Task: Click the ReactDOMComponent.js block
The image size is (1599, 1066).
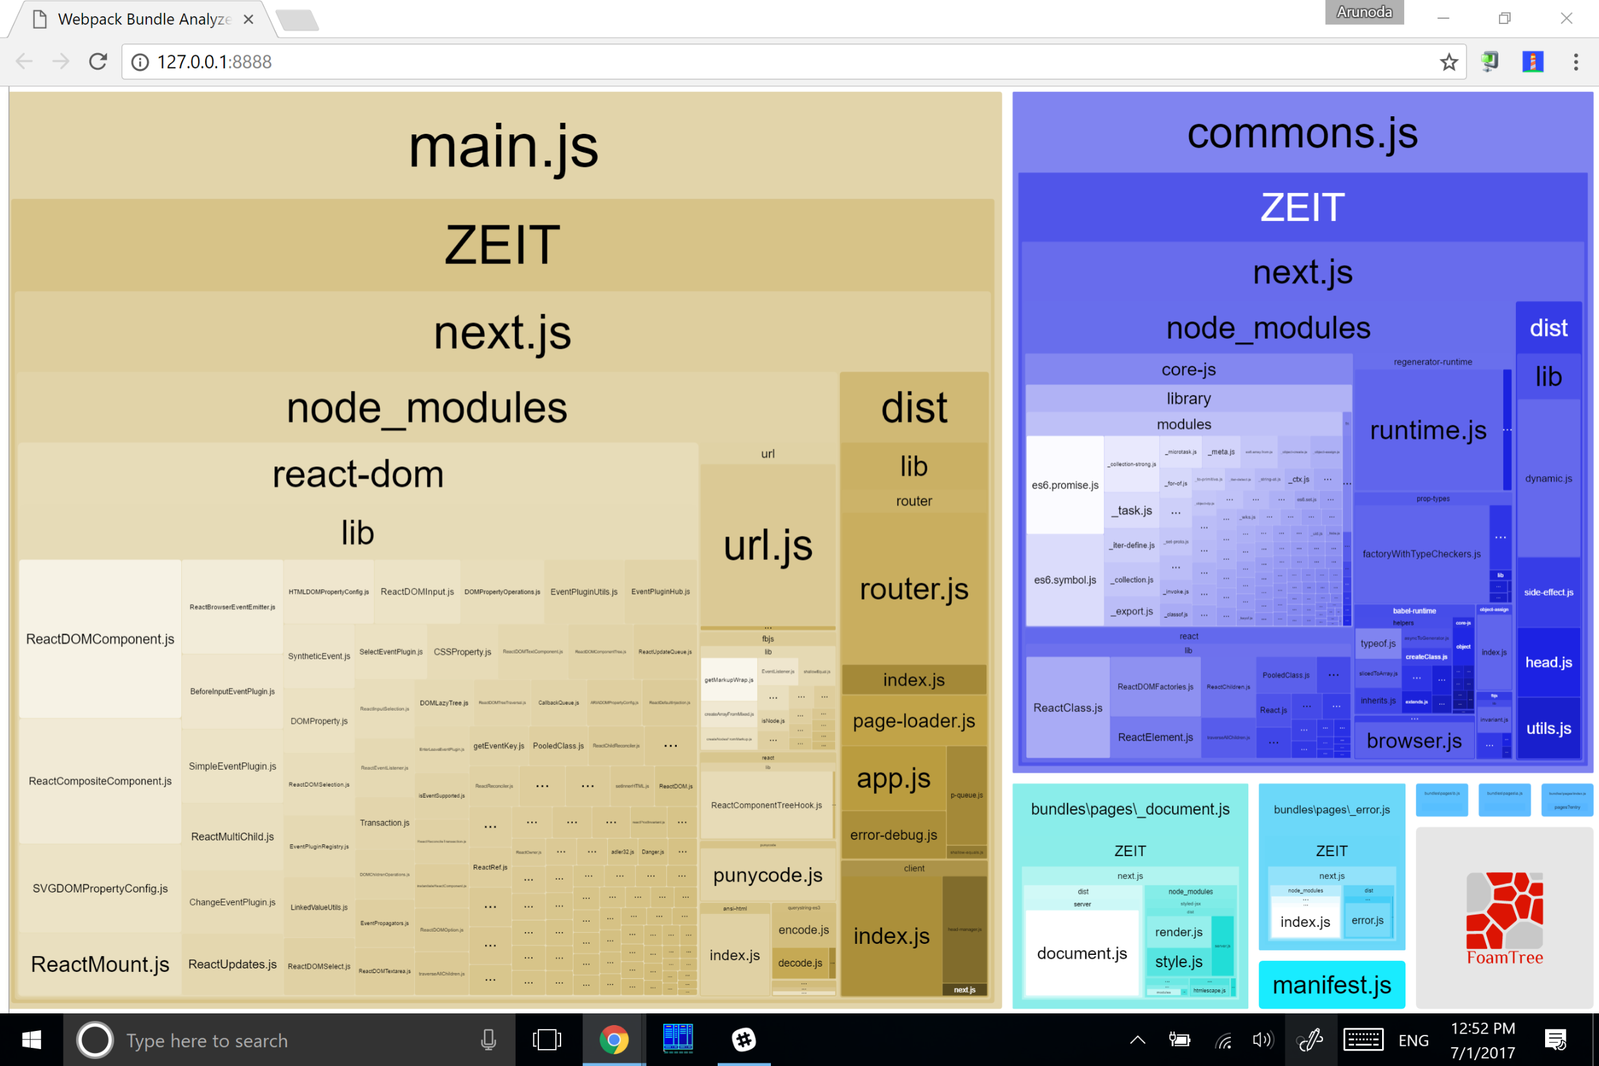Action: tap(100, 639)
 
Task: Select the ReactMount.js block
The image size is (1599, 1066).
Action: tap(100, 963)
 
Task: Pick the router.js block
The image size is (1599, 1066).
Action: tap(913, 589)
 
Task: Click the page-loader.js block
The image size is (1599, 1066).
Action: tap(913, 720)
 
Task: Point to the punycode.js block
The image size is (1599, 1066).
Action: tap(767, 874)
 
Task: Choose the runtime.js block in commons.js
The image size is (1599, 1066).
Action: tap(1428, 429)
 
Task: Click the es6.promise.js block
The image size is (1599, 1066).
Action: tap(1064, 485)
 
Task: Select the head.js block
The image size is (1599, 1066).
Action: tap(1548, 661)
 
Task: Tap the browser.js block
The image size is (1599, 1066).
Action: tap(1413, 741)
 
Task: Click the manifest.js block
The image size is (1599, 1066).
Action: tap(1331, 984)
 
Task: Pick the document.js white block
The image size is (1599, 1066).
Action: tap(1081, 953)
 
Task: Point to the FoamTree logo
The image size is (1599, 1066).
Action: tap(1504, 918)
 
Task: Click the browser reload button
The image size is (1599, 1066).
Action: tap(98, 62)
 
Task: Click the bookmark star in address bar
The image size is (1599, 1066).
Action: tap(1448, 62)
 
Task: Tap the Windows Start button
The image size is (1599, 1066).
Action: tap(31, 1040)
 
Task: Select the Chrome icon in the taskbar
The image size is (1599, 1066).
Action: tap(614, 1040)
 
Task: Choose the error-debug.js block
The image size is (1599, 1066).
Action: tap(893, 834)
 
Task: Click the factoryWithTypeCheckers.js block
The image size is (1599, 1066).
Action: tap(1421, 553)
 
